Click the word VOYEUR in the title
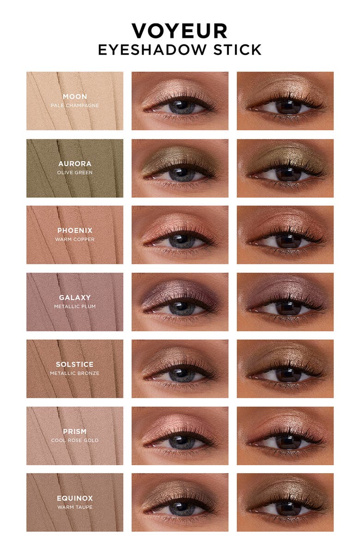(180, 31)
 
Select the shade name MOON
(75, 96)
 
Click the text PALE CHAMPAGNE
(75, 105)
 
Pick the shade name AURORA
(75, 163)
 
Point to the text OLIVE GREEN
(75, 172)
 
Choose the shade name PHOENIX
(75, 230)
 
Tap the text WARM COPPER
(75, 239)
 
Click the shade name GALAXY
(75, 297)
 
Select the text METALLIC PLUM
(75, 306)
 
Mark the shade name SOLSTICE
(75, 364)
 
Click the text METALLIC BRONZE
(75, 373)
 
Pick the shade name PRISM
(75, 431)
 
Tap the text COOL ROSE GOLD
(75, 440)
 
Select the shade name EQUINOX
(75, 498)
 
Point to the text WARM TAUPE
(75, 507)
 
